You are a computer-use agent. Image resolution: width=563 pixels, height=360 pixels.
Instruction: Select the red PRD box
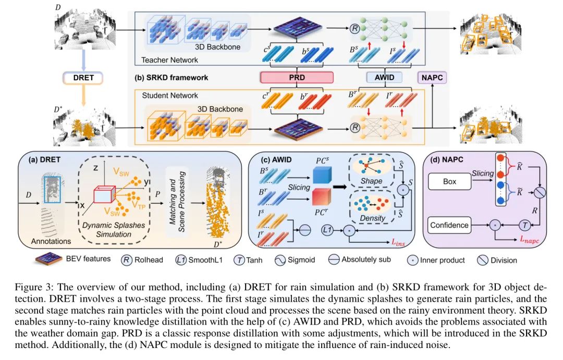[297, 78]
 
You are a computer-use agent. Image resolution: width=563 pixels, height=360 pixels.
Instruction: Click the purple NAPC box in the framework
[432, 78]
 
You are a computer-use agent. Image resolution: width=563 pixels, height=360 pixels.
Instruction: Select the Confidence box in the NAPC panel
[450, 226]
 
